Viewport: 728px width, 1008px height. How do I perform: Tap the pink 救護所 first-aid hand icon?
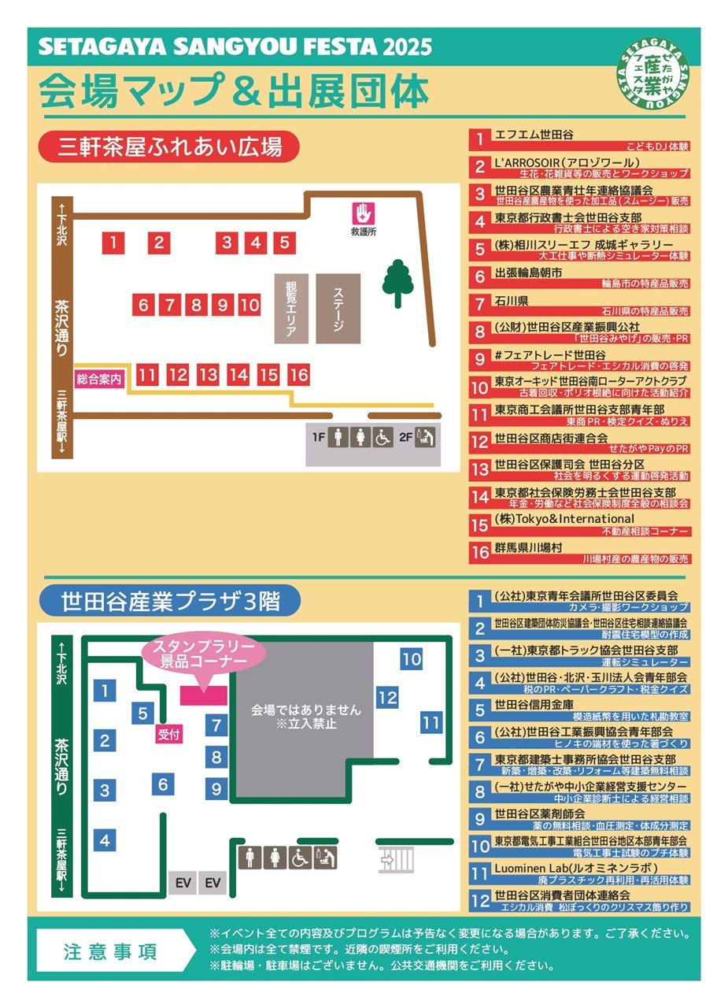363,213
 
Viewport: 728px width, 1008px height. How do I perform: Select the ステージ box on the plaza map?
338,308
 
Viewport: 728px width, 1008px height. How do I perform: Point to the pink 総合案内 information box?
100,379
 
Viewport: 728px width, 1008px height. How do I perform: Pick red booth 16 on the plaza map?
298,376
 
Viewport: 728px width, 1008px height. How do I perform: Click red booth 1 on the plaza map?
113,243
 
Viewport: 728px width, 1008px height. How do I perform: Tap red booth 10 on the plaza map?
249,305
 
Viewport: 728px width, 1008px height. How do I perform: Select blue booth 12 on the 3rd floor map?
387,698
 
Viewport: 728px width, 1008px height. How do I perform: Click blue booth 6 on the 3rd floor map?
163,784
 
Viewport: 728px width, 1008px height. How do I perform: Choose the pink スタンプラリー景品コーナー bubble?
205,654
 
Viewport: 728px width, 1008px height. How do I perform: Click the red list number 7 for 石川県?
479,303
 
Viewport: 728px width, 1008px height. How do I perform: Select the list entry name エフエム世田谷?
534,135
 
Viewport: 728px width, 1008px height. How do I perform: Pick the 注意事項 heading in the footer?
110,951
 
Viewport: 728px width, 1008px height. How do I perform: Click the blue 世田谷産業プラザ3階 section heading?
170,602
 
